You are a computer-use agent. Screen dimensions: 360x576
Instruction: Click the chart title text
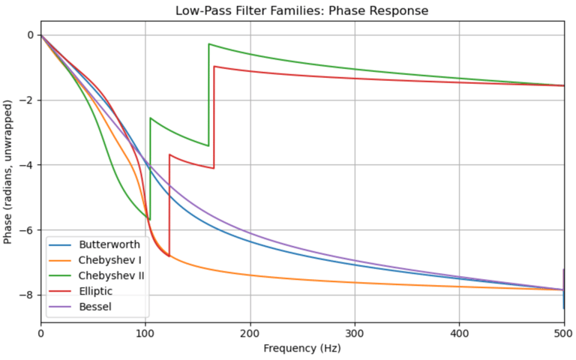(x=302, y=10)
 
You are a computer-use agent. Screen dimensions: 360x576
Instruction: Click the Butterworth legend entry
(x=105, y=244)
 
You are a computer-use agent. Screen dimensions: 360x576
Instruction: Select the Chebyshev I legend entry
(x=105, y=260)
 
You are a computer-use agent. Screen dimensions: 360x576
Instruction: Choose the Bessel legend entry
(x=94, y=307)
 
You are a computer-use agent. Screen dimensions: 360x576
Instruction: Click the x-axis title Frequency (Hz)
(x=302, y=349)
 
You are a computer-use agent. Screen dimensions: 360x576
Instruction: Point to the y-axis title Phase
(x=10, y=178)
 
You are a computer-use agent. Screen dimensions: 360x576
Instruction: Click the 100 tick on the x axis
(x=145, y=332)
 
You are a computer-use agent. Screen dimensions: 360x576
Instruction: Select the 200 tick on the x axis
(x=250, y=332)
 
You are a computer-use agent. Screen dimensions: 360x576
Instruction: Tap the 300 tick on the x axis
(x=355, y=332)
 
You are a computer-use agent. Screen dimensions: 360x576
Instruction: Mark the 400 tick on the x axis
(x=460, y=332)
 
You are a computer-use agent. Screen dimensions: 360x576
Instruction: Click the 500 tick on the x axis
(x=564, y=332)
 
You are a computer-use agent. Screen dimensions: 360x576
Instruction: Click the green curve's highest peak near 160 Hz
(x=208, y=44)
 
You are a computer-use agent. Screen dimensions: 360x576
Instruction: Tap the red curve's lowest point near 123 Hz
(x=169, y=256)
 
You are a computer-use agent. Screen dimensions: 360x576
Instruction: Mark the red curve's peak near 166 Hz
(x=214, y=67)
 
